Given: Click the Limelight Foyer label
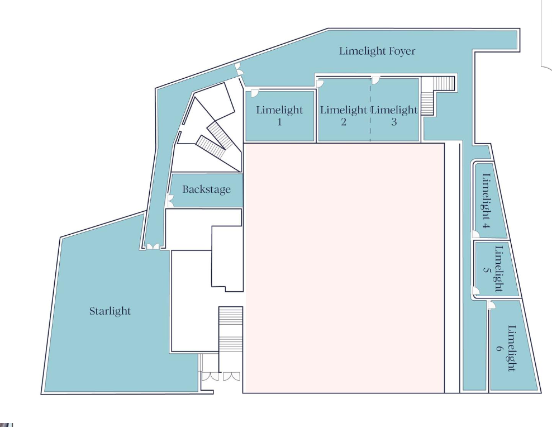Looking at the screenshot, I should coord(377,51).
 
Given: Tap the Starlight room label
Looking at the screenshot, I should coord(110,311).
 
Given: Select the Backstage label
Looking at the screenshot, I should coord(206,189).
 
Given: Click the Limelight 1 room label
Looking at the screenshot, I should coord(279,115).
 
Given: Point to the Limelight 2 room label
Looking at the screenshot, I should coord(343,115).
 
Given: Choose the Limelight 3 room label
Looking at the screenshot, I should coord(394,115).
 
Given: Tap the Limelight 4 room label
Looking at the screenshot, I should coord(486,202).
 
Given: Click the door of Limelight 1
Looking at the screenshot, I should coord(254,93).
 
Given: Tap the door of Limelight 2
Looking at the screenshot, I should coord(321,83).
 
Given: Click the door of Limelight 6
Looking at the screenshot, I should coord(492,305).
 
